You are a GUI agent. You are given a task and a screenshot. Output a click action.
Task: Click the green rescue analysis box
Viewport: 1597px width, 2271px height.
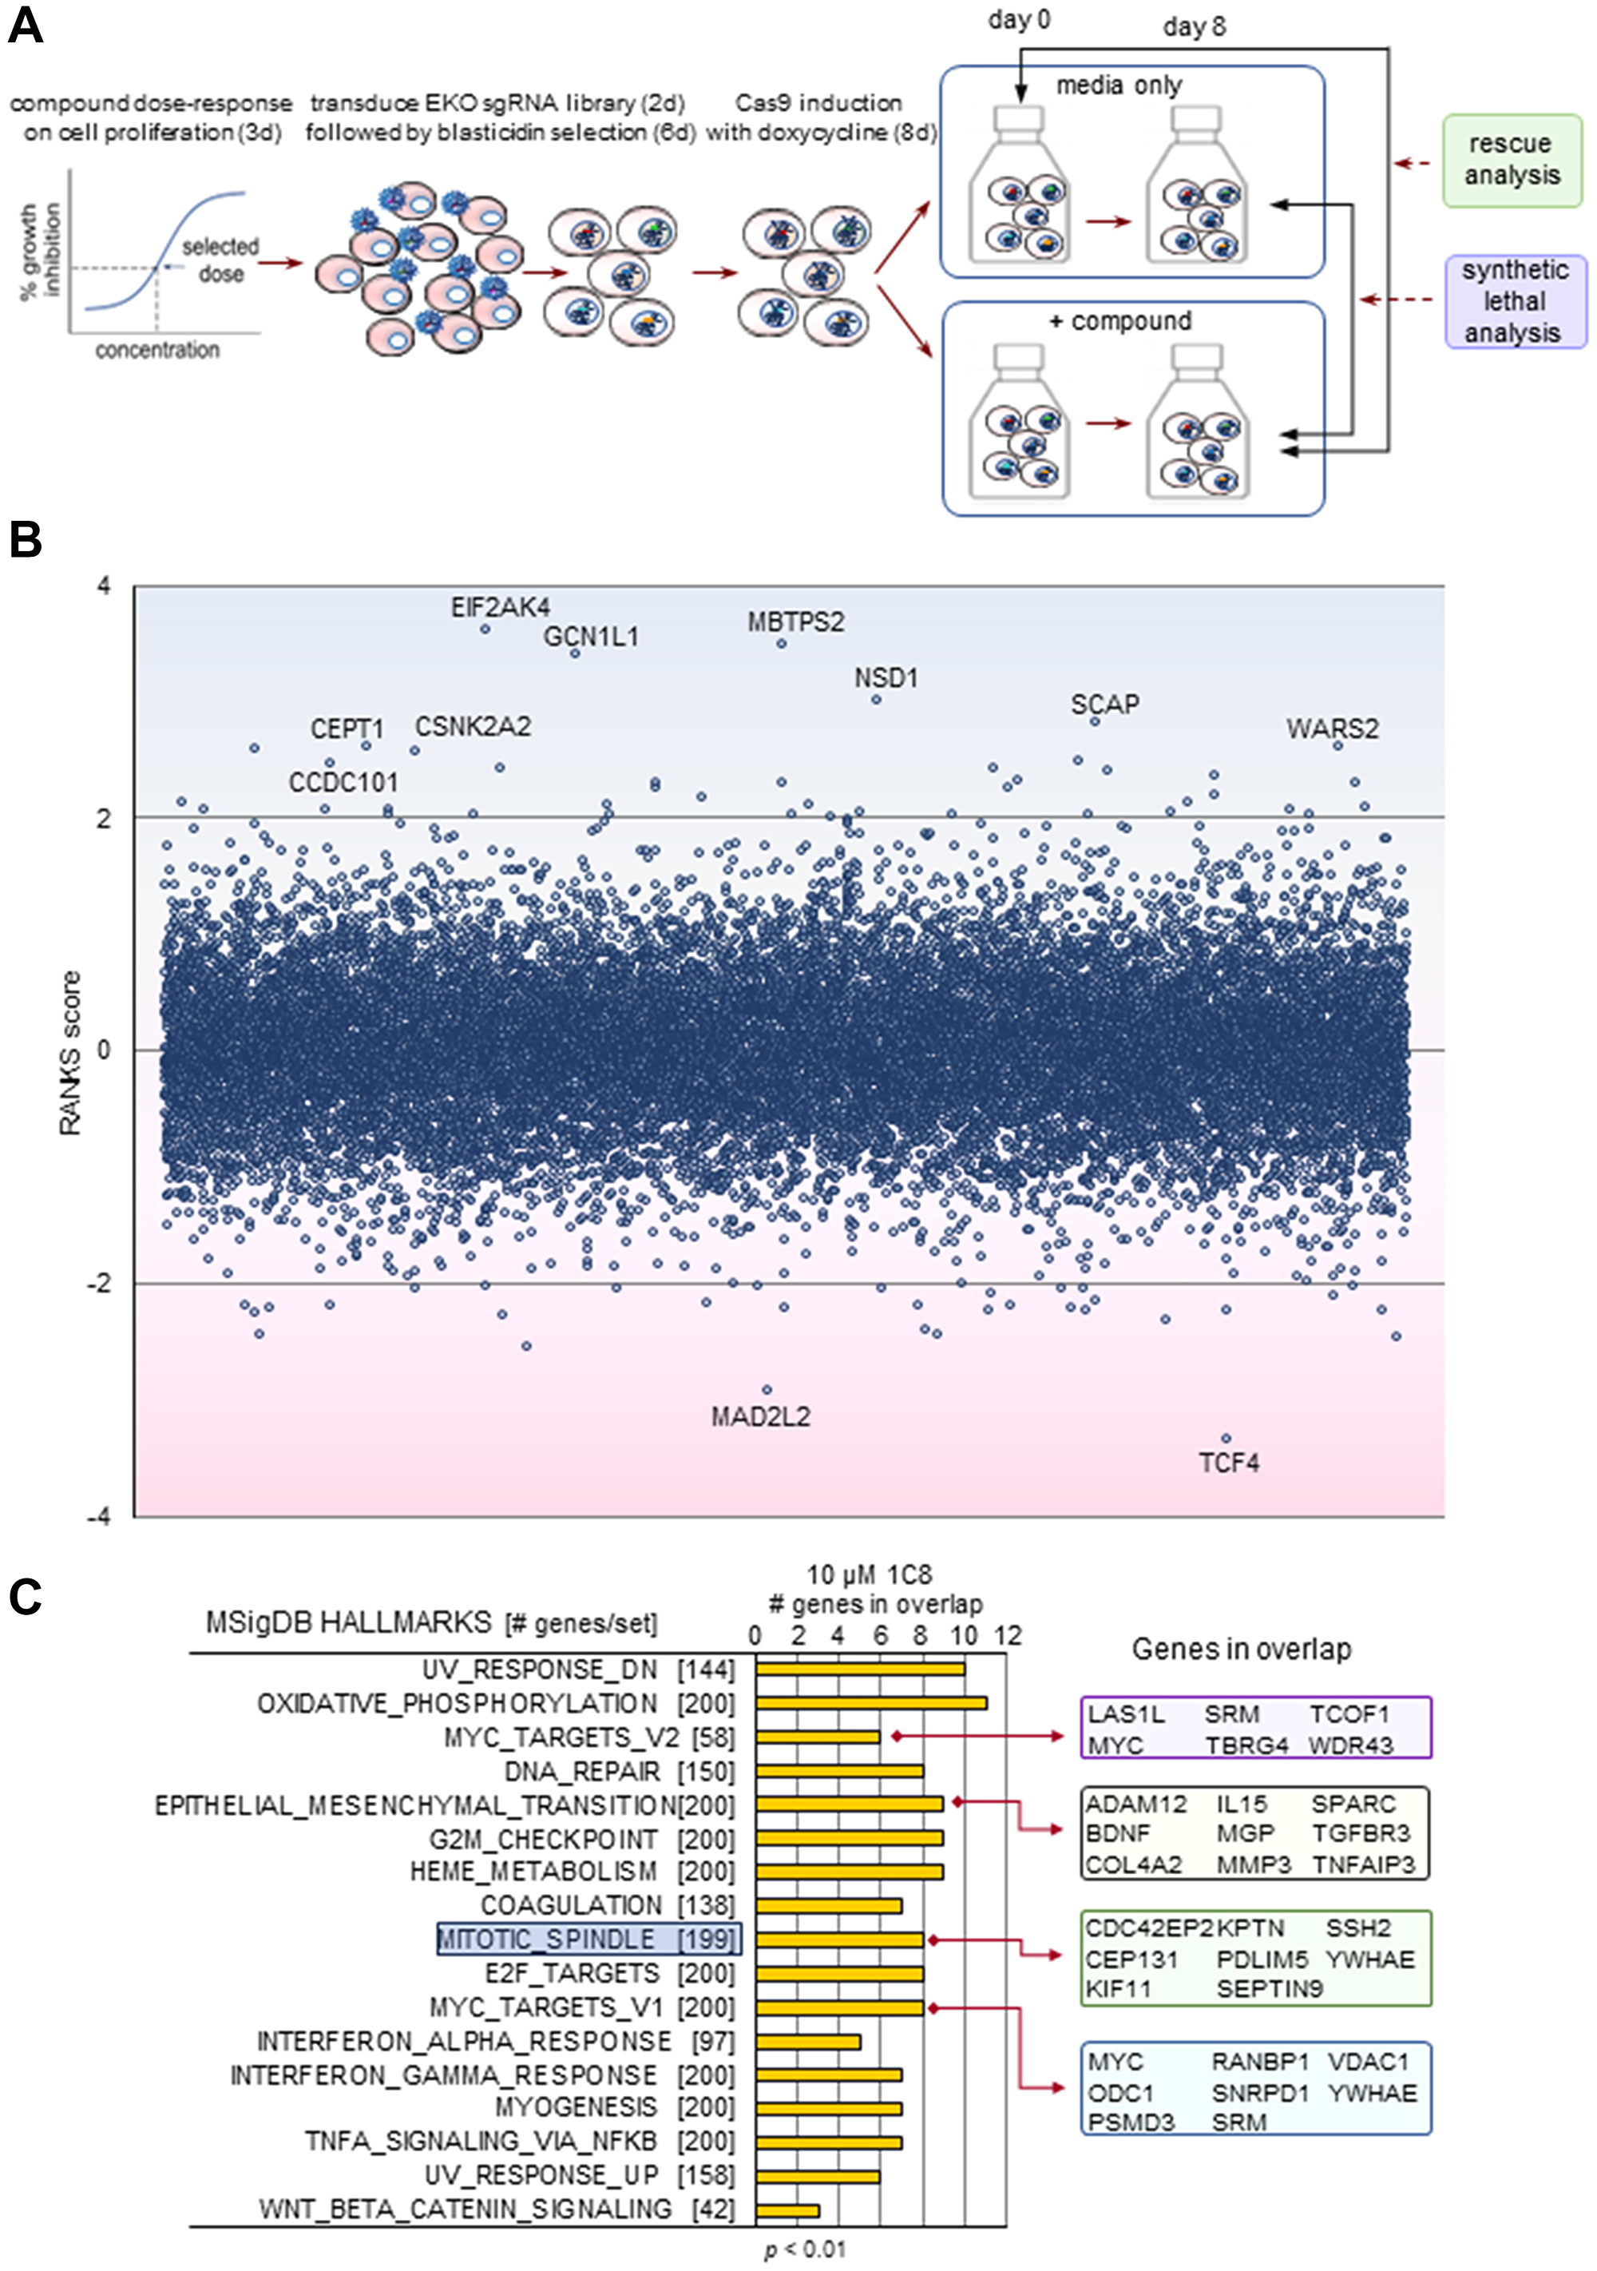click(x=1511, y=159)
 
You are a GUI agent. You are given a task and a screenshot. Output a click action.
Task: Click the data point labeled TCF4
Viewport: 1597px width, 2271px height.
click(x=1226, y=1438)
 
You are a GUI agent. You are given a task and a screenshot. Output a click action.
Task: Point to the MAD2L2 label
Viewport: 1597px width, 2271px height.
click(x=759, y=1416)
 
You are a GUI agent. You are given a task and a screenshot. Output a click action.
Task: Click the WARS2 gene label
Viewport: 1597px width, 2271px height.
click(x=1331, y=729)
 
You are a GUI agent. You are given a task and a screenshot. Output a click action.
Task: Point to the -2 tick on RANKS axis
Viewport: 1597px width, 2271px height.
click(x=99, y=1283)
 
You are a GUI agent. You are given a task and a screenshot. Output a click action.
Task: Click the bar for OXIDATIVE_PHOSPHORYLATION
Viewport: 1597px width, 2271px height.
click(x=870, y=1702)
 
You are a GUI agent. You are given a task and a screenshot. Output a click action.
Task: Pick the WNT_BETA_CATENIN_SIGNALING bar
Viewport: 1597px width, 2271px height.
click(x=787, y=2209)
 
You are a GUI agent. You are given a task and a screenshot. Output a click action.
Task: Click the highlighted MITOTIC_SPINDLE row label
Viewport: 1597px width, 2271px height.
click(x=588, y=1939)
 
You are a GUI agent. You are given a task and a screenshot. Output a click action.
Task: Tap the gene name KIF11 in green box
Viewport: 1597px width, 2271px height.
click(x=1119, y=1988)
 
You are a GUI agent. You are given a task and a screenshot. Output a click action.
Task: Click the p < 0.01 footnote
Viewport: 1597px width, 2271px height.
click(x=805, y=2249)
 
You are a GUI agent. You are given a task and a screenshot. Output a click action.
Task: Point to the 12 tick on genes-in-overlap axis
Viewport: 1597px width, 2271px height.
click(x=1007, y=1635)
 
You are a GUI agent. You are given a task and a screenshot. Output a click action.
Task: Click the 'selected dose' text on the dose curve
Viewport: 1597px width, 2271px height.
click(x=220, y=259)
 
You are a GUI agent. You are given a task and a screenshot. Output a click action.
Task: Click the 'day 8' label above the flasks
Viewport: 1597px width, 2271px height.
click(x=1194, y=26)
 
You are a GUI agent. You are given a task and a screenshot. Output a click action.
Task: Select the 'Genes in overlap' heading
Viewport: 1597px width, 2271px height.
click(x=1241, y=1649)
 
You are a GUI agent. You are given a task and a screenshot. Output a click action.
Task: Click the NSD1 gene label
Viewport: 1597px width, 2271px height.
click(x=886, y=677)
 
